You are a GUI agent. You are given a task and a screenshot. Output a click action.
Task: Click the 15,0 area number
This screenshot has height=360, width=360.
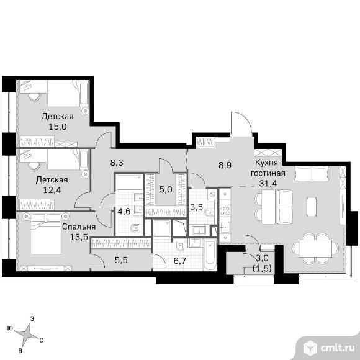coord(58,127)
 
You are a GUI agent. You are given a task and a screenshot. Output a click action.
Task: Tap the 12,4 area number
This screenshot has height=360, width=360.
coord(52,190)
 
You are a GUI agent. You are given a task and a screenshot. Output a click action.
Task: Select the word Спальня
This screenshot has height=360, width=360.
coord(79,227)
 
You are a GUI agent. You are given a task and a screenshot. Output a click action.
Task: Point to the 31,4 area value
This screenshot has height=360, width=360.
coord(268,183)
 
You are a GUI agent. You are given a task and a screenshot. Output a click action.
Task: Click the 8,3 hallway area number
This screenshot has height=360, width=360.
coord(117,163)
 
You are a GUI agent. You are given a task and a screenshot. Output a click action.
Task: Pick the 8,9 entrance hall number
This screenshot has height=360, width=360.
coord(225,165)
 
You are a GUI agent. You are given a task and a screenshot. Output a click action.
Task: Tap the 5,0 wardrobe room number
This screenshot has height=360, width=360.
coord(166,190)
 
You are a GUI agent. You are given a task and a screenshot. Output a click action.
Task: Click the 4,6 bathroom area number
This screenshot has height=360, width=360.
coord(124,211)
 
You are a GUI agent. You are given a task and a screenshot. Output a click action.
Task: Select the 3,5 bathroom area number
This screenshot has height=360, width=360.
coord(197,207)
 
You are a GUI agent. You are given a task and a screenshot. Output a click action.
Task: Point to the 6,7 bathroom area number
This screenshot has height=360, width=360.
coord(180,261)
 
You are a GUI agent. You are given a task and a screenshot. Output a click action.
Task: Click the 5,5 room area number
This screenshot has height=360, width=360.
coord(121,260)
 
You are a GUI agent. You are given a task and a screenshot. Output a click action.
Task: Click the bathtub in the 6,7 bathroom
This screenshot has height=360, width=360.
coord(210,255)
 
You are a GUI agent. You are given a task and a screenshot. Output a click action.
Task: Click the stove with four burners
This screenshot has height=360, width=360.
coord(225,210)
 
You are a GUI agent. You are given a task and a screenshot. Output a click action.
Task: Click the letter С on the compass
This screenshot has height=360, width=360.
coord(41,340)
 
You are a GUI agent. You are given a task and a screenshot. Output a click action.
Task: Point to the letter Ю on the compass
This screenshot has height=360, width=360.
coord(10,328)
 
